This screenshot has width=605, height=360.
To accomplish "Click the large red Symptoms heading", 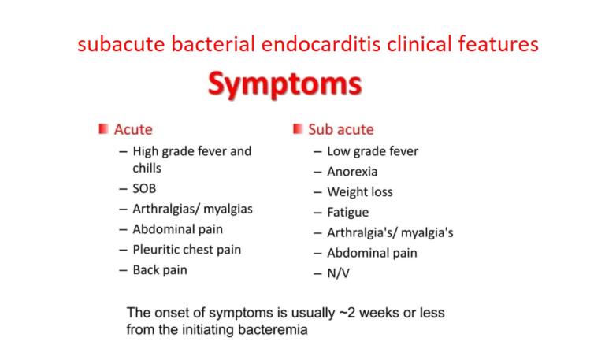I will tap(284, 84).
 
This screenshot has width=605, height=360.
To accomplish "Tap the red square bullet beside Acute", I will tap(103, 128).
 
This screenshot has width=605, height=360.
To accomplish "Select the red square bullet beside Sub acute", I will tap(298, 128).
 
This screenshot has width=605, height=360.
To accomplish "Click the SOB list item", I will tap(144, 188).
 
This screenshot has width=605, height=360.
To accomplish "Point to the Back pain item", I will tap(160, 270).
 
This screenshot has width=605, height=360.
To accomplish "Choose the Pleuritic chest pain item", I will tap(187, 250).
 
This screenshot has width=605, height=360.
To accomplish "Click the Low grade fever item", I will tap(373, 150).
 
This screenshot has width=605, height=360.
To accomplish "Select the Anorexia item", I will tap(352, 171).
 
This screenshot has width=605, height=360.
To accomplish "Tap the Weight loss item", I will tap(360, 191).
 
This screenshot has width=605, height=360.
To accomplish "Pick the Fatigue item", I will tap(347, 212).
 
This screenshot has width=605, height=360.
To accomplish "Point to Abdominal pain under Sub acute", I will tap(372, 253).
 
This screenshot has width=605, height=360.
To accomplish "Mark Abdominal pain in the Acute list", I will tap(177, 229).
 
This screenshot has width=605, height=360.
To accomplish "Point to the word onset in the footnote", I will tap(170, 313).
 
